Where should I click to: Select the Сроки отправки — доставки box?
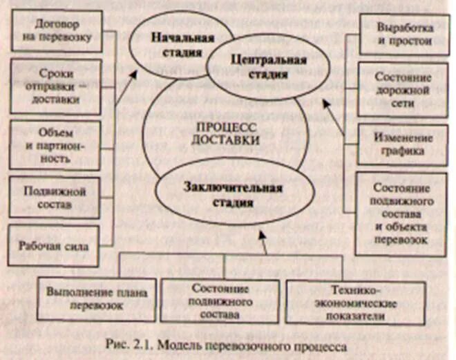pos(57,85)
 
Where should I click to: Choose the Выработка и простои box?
pos(403,34)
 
